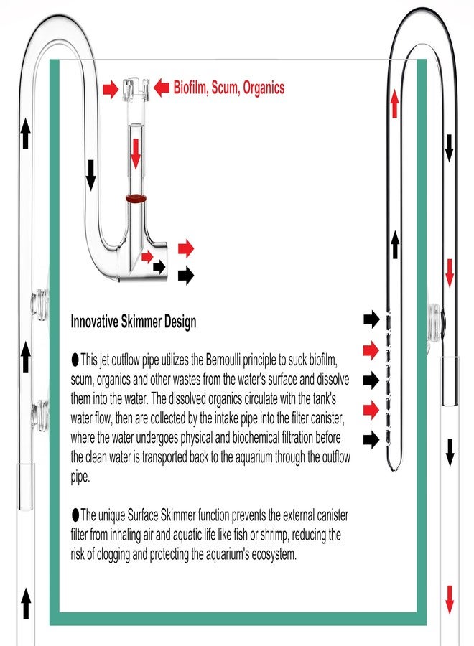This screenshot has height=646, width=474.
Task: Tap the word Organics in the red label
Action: pyautogui.click(x=264, y=88)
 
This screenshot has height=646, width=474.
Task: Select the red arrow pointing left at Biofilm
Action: pyautogui.click(x=162, y=88)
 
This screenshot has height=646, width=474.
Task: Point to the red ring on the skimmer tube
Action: pyautogui.click(x=136, y=199)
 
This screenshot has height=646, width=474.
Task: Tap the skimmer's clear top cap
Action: pyautogui.click(x=135, y=88)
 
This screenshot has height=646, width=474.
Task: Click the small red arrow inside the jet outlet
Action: pyautogui.click(x=147, y=257)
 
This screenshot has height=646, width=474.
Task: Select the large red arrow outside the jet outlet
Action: pyautogui.click(x=186, y=248)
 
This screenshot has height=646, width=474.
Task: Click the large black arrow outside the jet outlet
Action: pyautogui.click(x=186, y=275)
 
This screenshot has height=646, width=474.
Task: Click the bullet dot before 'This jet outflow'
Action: pyautogui.click(x=75, y=360)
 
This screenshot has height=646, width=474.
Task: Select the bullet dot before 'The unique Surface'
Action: pyautogui.click(x=75, y=515)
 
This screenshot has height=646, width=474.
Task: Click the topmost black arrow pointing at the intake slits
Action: pyautogui.click(x=371, y=319)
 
